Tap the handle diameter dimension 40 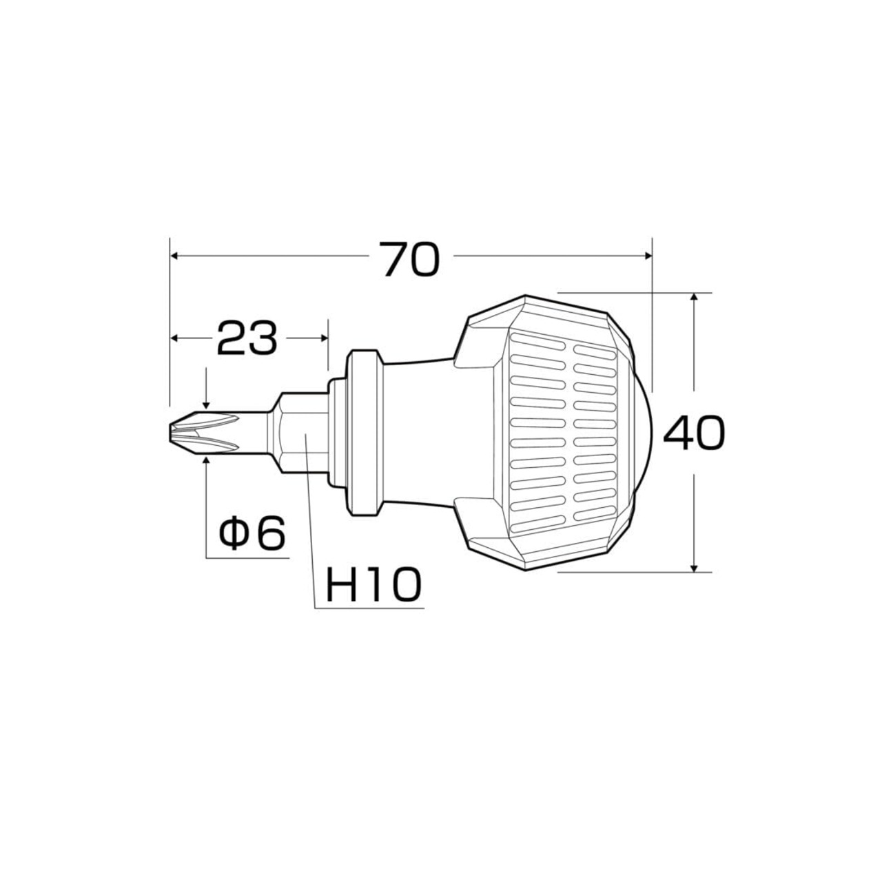click(694, 433)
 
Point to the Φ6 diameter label click(252, 533)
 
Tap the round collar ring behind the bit click(363, 433)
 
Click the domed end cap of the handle click(642, 433)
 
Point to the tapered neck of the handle click(418, 433)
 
